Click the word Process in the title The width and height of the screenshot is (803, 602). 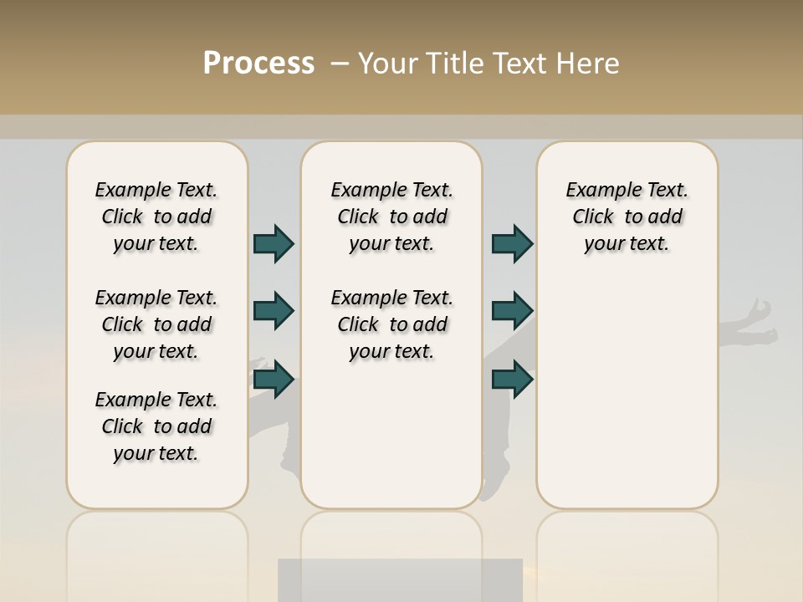[258, 64]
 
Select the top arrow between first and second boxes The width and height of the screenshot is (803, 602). [274, 243]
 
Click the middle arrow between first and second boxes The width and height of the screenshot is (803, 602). [274, 311]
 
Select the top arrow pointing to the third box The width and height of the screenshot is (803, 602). [512, 243]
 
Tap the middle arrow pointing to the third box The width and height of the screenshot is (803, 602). [512, 311]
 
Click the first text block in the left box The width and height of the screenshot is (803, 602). [156, 217]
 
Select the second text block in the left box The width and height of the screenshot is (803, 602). [156, 324]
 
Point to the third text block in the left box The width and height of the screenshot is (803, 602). [156, 426]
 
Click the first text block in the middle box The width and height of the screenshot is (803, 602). [391, 217]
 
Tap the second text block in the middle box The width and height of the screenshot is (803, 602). [391, 324]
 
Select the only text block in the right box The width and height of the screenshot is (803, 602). [627, 217]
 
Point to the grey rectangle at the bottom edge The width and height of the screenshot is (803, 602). [400, 580]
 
